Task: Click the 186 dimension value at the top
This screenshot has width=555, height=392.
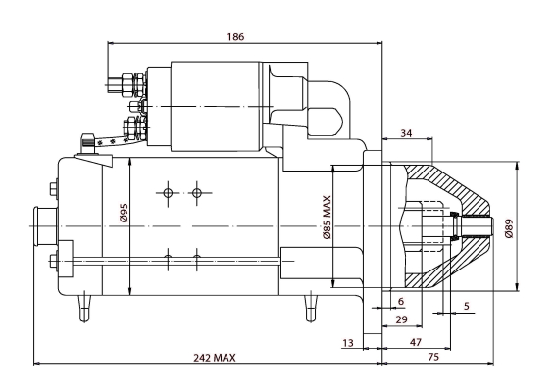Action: coord(235,37)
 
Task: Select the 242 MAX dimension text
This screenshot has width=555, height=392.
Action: coord(214,358)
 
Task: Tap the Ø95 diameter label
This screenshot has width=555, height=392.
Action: coord(124,214)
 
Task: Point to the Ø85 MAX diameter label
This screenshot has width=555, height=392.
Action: coord(327,218)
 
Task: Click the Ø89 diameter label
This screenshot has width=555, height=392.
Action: coord(509,228)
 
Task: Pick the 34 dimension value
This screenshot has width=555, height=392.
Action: coord(406,133)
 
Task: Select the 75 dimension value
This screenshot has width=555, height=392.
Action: coord(433,357)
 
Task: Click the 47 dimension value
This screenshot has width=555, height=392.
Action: coord(416,342)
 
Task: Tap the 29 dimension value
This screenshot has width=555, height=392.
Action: coord(401,319)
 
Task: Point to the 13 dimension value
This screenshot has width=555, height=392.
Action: coord(348,342)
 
